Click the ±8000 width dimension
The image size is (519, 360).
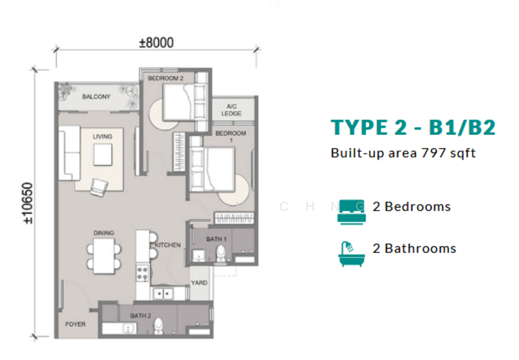pos(156,43)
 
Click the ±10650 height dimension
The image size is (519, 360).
pos(28,202)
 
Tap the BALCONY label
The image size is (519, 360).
pos(96,97)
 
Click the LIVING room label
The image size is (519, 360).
pos(103,136)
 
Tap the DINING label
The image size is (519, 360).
pos(103,233)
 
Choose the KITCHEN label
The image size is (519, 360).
pos(167,245)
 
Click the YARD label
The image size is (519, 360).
pos(199,283)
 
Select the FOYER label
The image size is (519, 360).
pos(74,322)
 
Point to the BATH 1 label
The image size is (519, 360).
pos(215,239)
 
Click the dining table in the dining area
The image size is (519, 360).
pos(104,254)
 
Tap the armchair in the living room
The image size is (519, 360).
pos(99,187)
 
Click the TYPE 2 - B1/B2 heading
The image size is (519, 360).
pos(413,127)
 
